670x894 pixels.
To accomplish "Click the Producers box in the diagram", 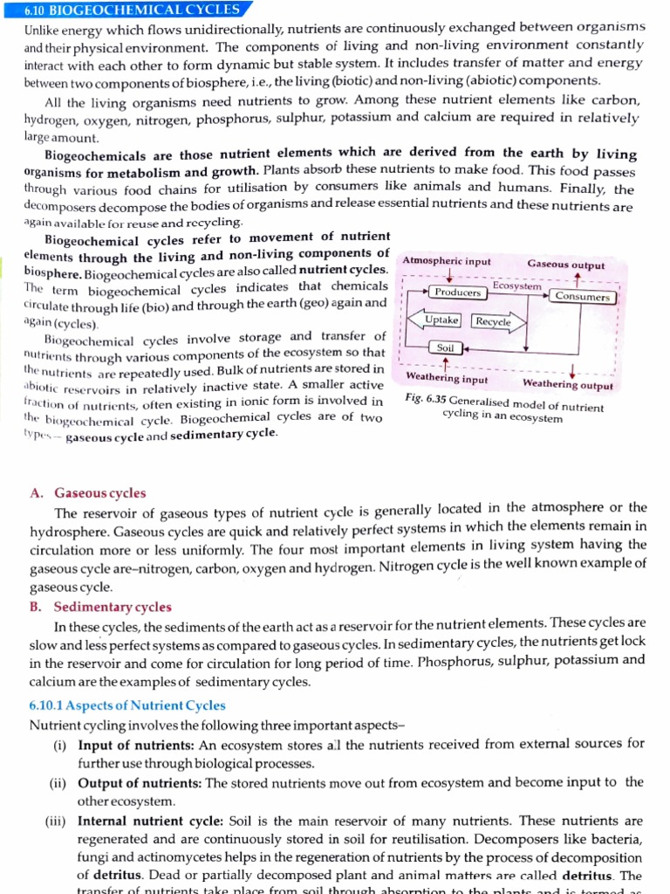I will pos(458,292).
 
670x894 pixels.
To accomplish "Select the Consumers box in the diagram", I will pos(584,297).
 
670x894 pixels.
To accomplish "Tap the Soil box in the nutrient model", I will pos(446,347).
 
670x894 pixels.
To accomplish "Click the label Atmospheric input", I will pos(447,261).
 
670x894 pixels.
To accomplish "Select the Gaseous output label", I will pos(565,265).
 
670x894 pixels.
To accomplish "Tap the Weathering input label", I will pos(447,379).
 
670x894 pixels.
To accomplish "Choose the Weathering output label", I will pos(567,385).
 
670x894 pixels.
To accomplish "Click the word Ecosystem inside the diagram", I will pos(516,285).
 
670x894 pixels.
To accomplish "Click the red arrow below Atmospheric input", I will pos(448,276).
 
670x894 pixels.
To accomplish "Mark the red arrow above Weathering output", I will pos(571,370).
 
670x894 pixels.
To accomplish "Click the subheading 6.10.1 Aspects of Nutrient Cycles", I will pos(127,705).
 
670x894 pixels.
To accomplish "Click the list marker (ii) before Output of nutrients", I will pos(60,782).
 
